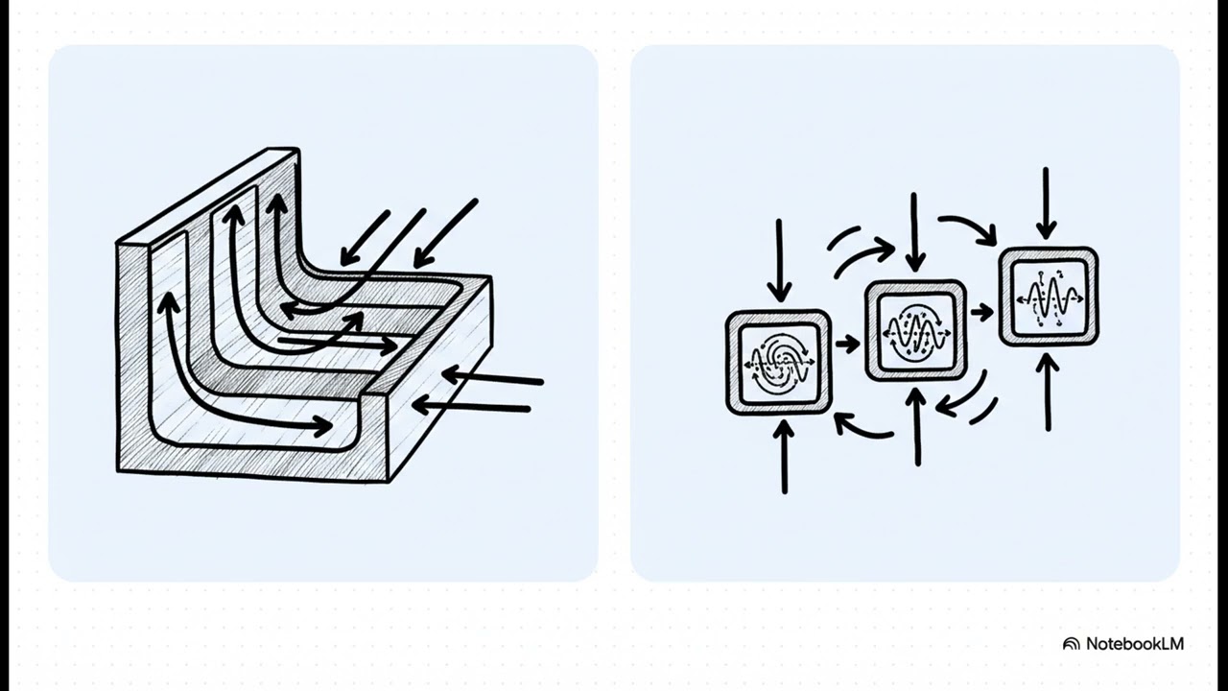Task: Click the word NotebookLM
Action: pyautogui.click(x=1135, y=643)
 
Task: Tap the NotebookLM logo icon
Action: pyautogui.click(x=1072, y=644)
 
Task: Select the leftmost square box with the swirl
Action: pyautogui.click(x=778, y=363)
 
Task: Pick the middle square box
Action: pyautogui.click(x=915, y=330)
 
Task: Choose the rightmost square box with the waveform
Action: pyautogui.click(x=1049, y=297)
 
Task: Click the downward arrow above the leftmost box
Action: pyautogui.click(x=779, y=260)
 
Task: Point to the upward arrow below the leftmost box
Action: pyautogui.click(x=784, y=457)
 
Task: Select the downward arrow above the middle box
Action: pyautogui.click(x=914, y=232)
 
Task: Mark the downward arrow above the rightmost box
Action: pyautogui.click(x=1046, y=203)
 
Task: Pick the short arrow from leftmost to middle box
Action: pyautogui.click(x=847, y=344)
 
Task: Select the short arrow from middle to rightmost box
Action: pyautogui.click(x=981, y=313)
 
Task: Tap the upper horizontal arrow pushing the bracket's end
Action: pyautogui.click(x=492, y=378)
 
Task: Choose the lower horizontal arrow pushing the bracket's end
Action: pyautogui.click(x=471, y=407)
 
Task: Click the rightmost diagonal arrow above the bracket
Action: pyautogui.click(x=446, y=234)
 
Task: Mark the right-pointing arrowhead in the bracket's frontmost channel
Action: pyautogui.click(x=321, y=425)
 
